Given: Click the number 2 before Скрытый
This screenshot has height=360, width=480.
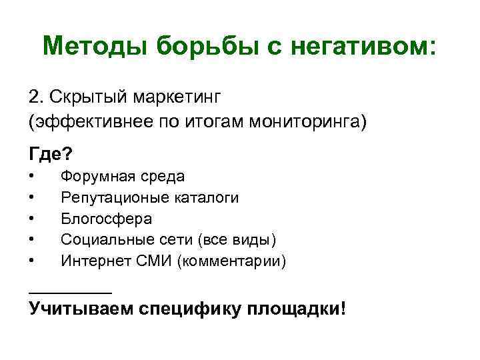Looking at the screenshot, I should point(34,97).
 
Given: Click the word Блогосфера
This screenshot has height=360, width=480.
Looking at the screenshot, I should point(106,218).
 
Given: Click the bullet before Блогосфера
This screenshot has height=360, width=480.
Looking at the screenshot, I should point(32,218).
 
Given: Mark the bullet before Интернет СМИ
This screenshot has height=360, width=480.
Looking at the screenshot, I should point(32,260).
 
